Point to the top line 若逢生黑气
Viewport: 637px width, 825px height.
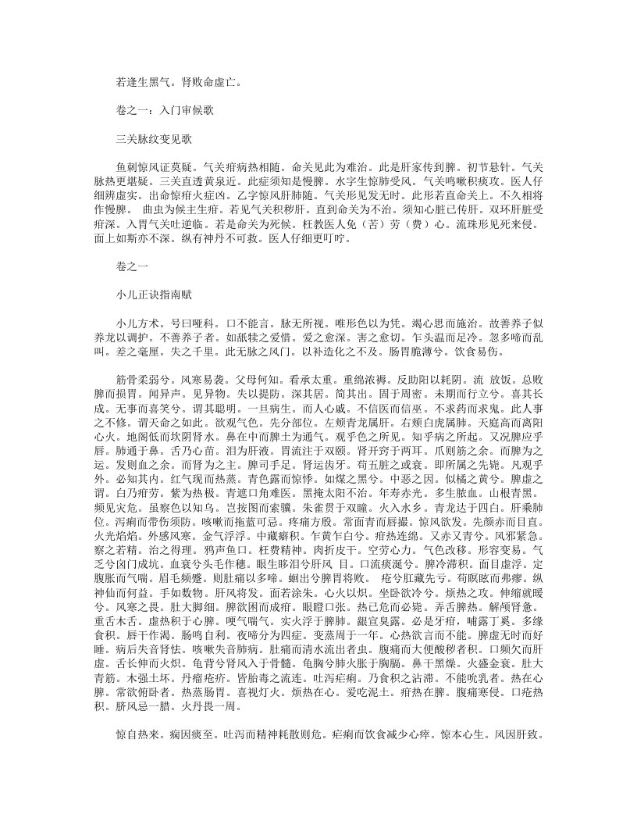point(144,80)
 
